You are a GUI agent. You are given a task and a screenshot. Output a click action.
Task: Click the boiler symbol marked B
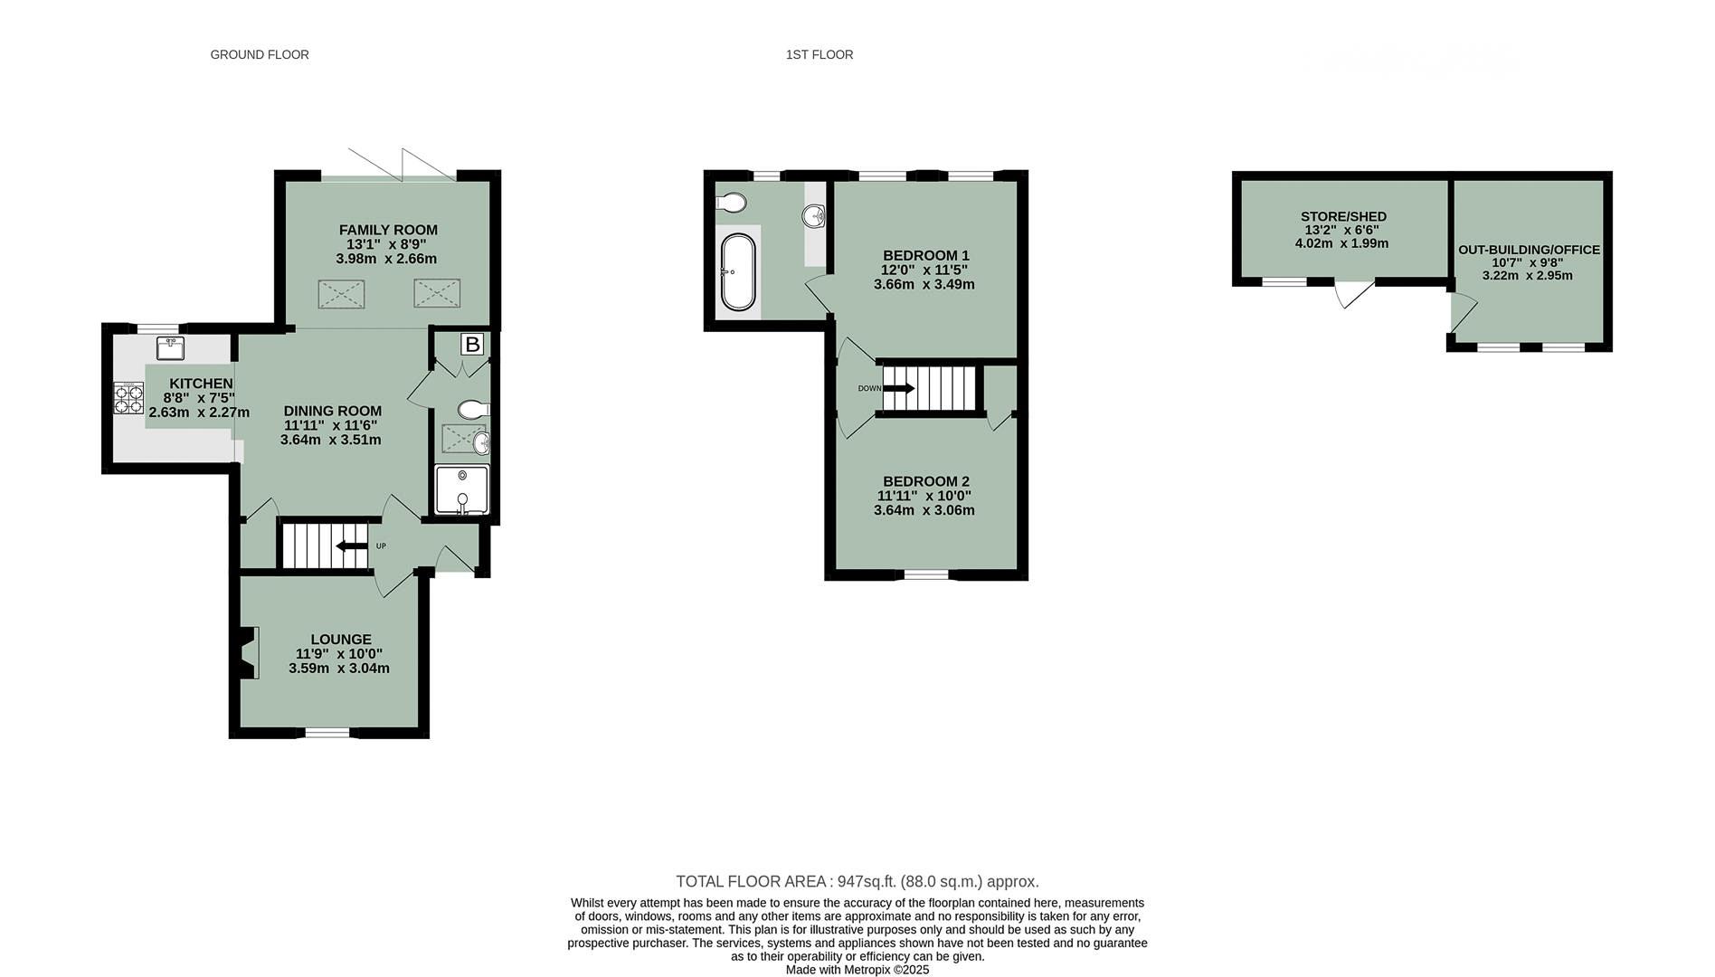[x=471, y=345]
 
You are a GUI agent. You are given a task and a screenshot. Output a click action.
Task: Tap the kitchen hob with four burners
[x=128, y=399]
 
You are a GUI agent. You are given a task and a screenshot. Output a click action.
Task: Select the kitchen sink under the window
[x=170, y=347]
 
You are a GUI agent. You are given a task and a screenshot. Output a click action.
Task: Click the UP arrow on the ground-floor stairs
[x=352, y=545]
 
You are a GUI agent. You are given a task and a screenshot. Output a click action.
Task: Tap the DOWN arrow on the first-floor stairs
[x=898, y=388]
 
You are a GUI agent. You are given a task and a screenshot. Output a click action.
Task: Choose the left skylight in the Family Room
[x=341, y=295]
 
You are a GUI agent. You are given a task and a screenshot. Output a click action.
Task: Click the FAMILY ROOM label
[x=388, y=230]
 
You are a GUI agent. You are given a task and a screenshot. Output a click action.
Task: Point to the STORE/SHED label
[x=1343, y=216]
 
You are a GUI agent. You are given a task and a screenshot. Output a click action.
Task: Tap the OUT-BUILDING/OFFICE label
[x=1529, y=250]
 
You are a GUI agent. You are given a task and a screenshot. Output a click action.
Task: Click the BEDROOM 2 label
[x=925, y=481]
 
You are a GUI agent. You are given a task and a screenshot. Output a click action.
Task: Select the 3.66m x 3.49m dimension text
[x=924, y=284]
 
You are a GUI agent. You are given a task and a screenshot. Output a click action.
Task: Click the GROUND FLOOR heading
[x=260, y=55]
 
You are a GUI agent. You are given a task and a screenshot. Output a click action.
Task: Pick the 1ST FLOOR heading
[x=819, y=55]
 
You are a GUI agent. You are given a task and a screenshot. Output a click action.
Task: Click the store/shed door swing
[x=1352, y=293]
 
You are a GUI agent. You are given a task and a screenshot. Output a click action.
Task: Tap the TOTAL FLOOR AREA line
[x=857, y=881]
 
